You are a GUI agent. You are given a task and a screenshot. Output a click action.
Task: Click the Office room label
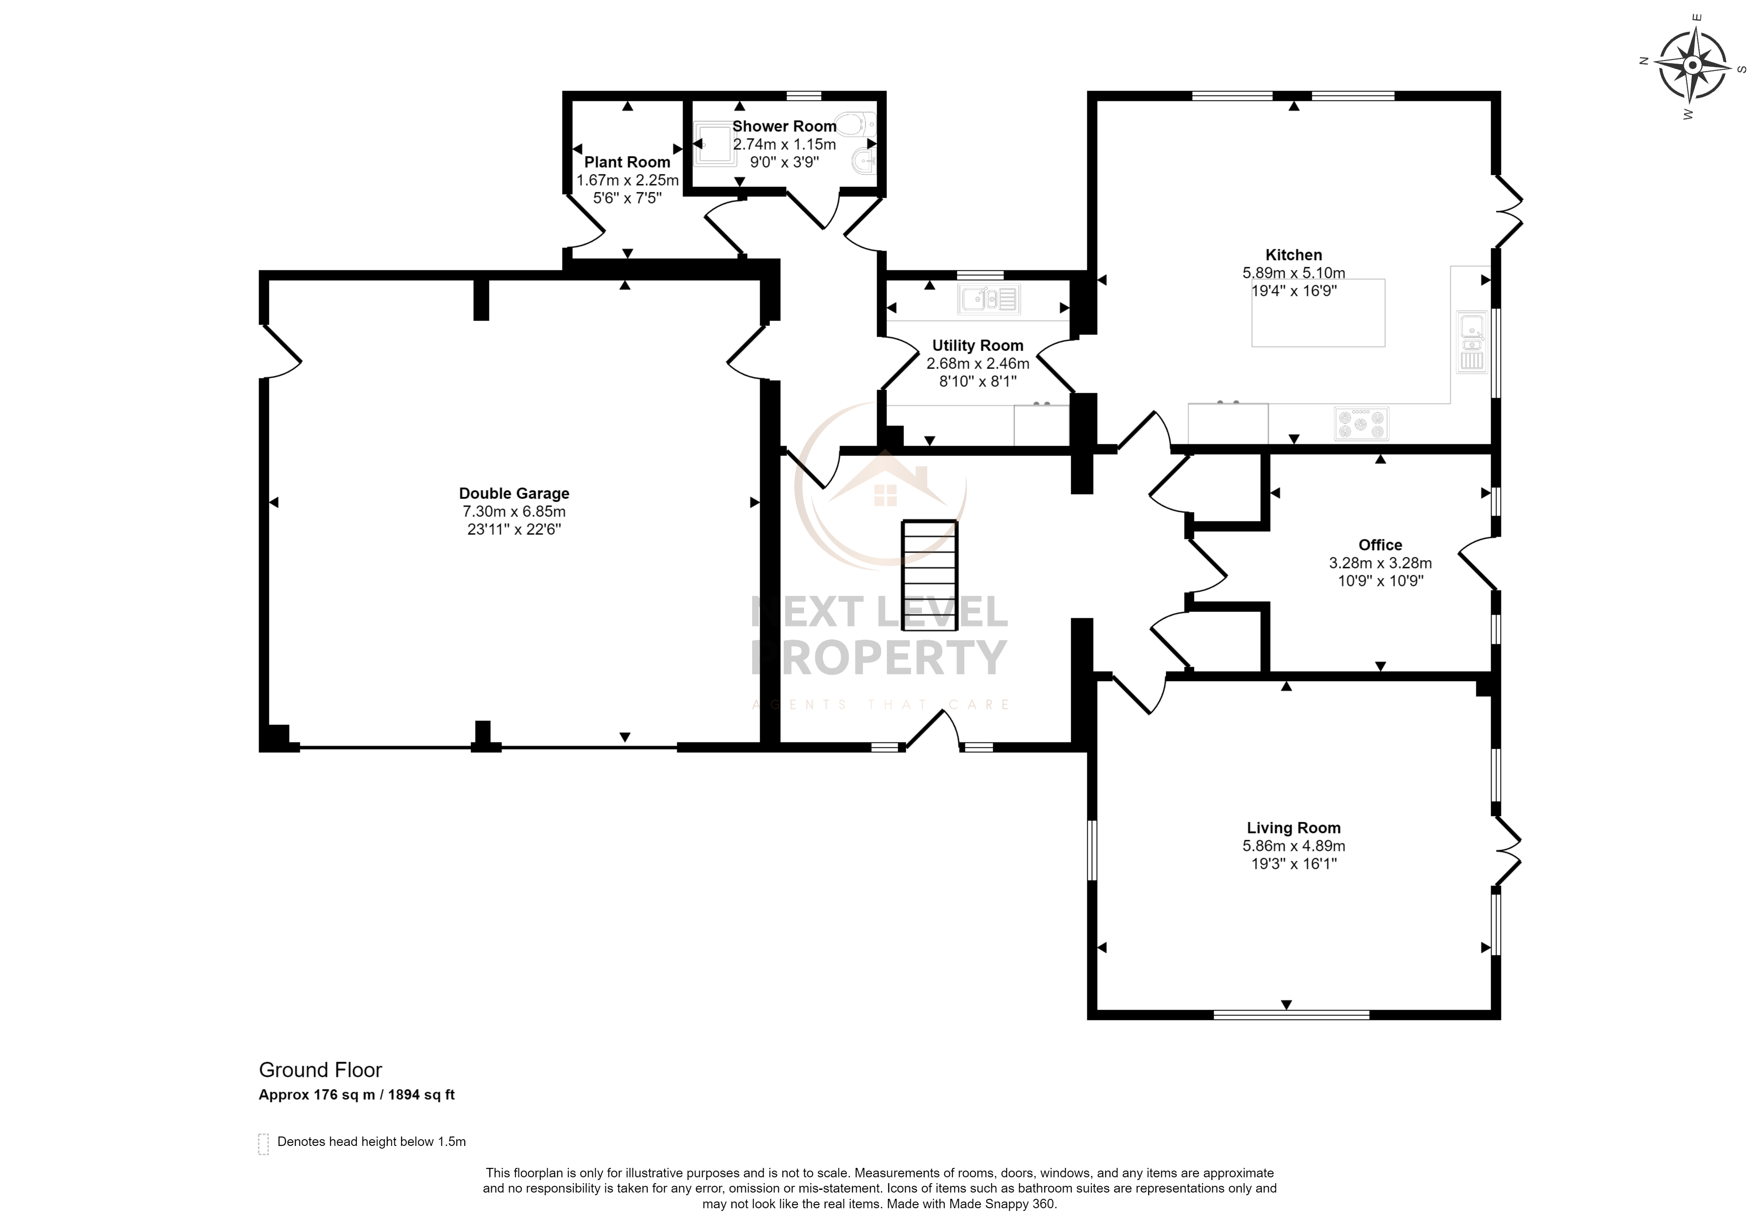tap(1380, 545)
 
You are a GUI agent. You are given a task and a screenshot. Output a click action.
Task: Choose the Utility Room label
tap(977, 346)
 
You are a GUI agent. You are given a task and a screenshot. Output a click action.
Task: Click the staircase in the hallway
tap(929, 576)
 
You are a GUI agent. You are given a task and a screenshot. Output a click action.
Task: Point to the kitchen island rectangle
tap(1319, 313)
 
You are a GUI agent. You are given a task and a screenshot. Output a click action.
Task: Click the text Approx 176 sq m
tap(316, 1095)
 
